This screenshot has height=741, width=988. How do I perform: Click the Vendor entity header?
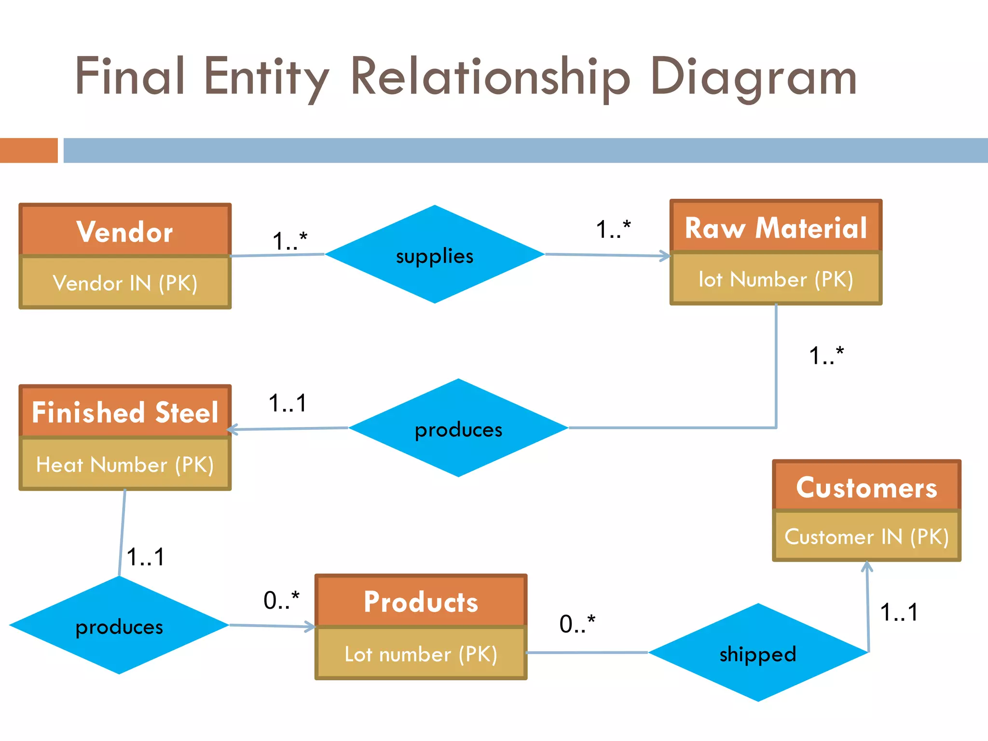(125, 231)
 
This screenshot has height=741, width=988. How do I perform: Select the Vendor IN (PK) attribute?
(125, 283)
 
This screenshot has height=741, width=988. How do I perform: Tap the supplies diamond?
(435, 255)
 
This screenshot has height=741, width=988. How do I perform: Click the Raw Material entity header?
(776, 227)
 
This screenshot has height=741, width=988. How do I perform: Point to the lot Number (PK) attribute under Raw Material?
(776, 279)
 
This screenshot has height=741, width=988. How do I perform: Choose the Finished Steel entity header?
(125, 412)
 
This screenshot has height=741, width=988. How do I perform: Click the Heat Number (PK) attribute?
(125, 465)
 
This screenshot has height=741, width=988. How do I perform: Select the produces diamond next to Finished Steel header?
(458, 428)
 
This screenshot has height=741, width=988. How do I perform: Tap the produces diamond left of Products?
(119, 626)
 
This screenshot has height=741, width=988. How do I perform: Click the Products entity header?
(421, 602)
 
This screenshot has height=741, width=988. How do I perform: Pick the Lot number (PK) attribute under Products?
(421, 654)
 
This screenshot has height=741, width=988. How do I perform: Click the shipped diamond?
(758, 653)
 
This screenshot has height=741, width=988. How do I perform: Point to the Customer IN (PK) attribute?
(866, 536)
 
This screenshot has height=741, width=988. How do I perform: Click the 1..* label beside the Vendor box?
(289, 240)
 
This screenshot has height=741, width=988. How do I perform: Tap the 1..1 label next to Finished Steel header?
(288, 403)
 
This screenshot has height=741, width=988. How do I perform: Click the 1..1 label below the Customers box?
(899, 612)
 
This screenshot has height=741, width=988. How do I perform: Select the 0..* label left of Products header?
(281, 600)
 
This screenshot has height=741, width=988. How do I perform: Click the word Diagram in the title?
(753, 77)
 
